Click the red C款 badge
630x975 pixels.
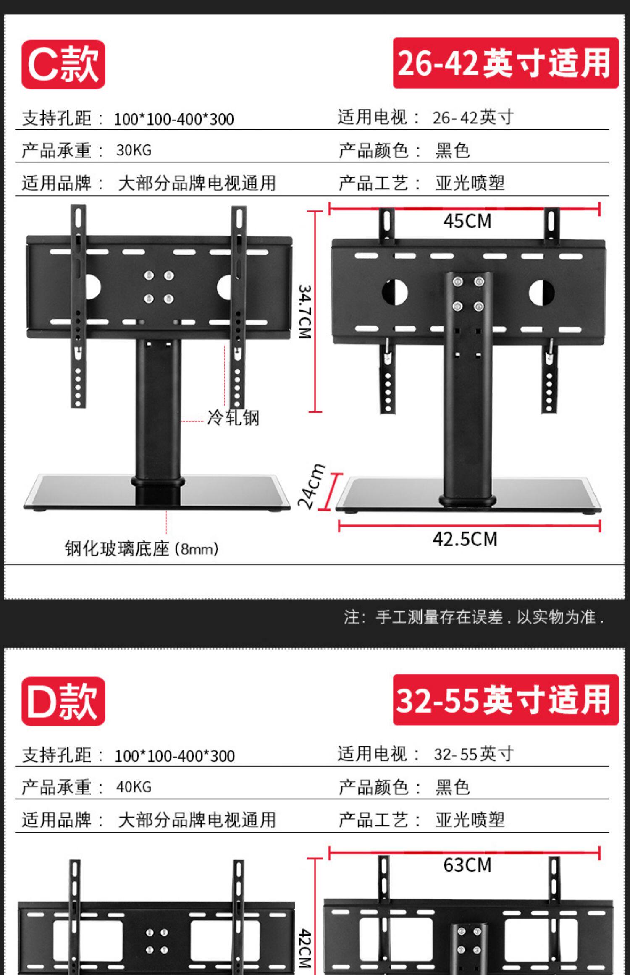pyautogui.click(x=63, y=64)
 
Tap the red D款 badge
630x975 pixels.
pyautogui.click(x=63, y=701)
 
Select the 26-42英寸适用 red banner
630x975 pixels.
pyautogui.click(x=505, y=63)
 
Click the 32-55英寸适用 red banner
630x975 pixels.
pyautogui.click(x=505, y=700)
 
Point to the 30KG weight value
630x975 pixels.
pyautogui.click(x=134, y=150)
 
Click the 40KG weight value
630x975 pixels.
pyautogui.click(x=134, y=787)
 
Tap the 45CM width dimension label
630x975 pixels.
pyautogui.click(x=467, y=221)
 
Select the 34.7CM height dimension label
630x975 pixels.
pyautogui.click(x=305, y=312)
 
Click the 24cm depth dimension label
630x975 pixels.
pyautogui.click(x=311, y=487)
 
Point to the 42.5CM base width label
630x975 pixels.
pyautogui.click(x=465, y=539)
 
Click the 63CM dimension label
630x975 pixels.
pyautogui.click(x=467, y=865)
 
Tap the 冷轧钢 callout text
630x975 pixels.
pyautogui.click(x=233, y=418)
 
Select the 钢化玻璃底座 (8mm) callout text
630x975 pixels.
pyautogui.click(x=142, y=549)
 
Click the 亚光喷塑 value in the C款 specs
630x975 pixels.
pyautogui.click(x=470, y=183)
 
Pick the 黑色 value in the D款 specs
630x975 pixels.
pyautogui.click(x=452, y=787)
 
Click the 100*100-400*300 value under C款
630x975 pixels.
pyautogui.click(x=174, y=119)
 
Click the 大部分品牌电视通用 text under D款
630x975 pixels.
pyautogui.click(x=197, y=820)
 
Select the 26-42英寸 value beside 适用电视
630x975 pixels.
pyautogui.click(x=473, y=118)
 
